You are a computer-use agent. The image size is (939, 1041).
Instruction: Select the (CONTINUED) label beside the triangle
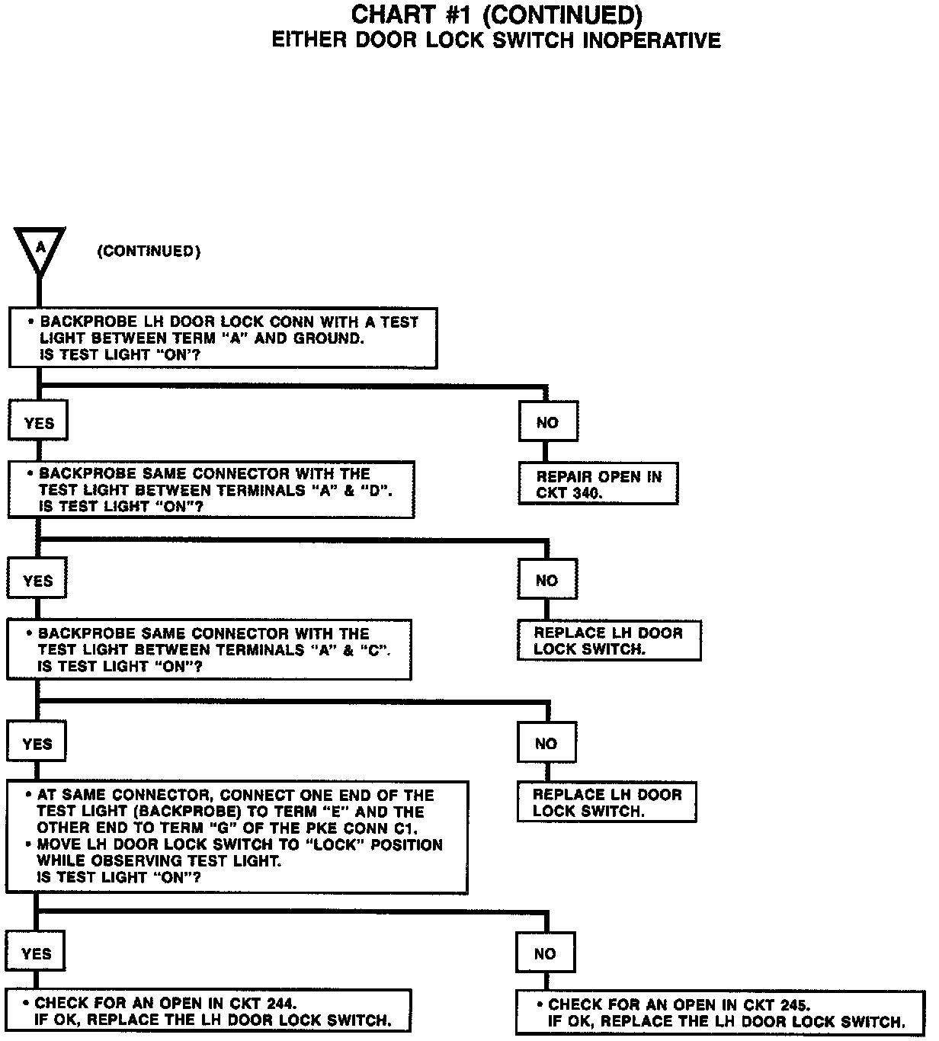pos(149,251)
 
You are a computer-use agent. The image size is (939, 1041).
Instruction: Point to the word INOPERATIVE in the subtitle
pos(651,40)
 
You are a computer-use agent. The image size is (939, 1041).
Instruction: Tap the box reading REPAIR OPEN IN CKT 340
pos(598,484)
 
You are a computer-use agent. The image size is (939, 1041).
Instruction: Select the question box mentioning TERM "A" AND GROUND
pos(223,338)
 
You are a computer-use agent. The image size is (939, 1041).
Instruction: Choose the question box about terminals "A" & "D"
pos(211,490)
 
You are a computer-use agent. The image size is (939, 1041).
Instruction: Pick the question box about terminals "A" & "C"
pos(210,649)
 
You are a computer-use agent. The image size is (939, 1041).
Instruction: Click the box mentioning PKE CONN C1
pos(237,837)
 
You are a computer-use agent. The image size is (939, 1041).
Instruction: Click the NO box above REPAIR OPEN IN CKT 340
pos(548,422)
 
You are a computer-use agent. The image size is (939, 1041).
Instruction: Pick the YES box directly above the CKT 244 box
pos(37,954)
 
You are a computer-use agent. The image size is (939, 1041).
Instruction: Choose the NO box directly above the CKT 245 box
pos(546,954)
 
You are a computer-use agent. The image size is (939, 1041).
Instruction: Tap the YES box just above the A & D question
pos(39,423)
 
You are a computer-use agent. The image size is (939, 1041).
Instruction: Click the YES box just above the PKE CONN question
pos(37,744)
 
